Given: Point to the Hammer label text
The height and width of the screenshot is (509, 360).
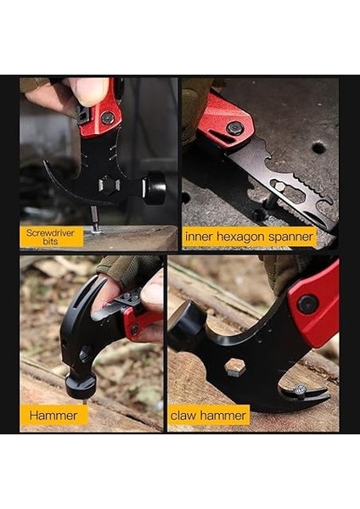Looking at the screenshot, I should [x=53, y=415].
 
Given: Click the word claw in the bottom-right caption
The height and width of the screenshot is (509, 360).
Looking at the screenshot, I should [x=186, y=415].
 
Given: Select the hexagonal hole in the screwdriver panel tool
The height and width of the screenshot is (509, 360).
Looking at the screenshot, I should [x=109, y=187].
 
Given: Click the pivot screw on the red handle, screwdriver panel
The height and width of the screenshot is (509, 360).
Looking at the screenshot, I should [x=108, y=119].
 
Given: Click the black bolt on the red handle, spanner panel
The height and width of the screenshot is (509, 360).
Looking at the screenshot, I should [x=234, y=128].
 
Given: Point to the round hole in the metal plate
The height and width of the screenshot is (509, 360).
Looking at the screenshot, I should [x=318, y=148].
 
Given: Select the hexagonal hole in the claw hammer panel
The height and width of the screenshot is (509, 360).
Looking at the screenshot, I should [x=234, y=367].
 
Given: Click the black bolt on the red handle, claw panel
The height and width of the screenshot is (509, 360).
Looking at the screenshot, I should [x=308, y=303].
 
